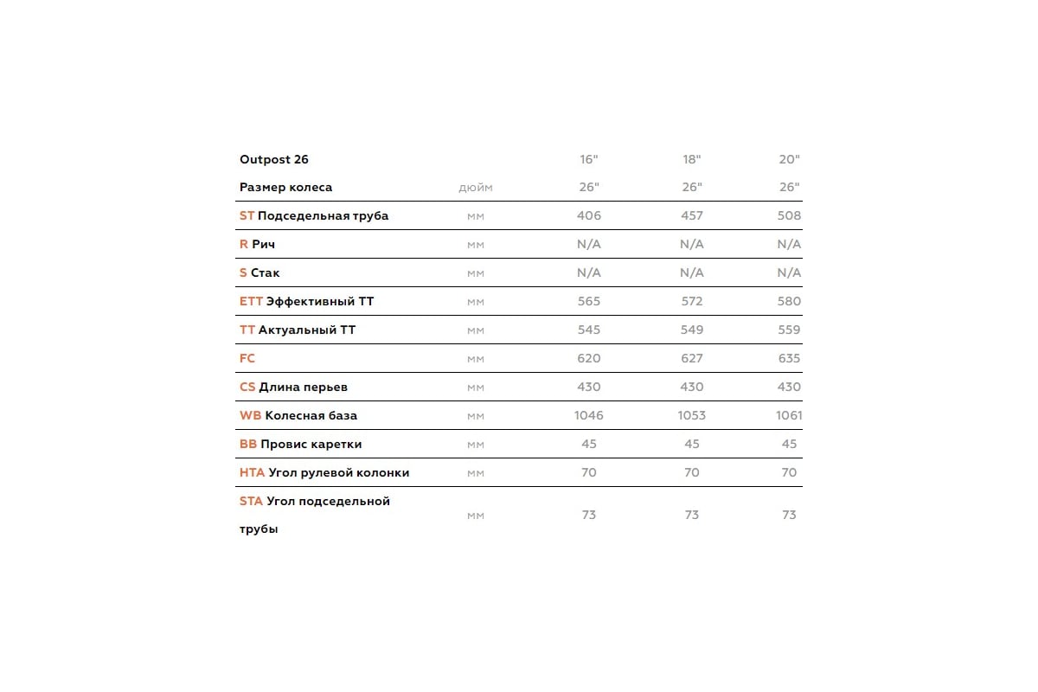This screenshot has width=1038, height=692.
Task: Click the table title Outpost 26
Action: click(x=274, y=159)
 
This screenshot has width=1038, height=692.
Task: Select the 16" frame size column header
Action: click(x=589, y=159)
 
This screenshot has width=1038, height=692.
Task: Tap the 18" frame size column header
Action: click(x=692, y=159)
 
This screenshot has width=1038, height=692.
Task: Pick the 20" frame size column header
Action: click(x=789, y=159)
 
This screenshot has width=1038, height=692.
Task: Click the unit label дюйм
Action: click(x=476, y=188)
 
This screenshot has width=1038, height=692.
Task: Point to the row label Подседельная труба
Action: click(x=324, y=216)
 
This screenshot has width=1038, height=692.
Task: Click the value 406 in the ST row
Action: click(x=589, y=215)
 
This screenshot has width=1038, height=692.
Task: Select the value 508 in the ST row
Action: click(x=789, y=215)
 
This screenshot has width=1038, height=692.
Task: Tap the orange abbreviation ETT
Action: click(x=251, y=301)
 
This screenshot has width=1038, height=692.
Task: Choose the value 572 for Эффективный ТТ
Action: click(x=692, y=301)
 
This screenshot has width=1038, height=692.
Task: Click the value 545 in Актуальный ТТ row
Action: click(x=589, y=330)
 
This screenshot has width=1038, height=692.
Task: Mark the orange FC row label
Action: click(x=247, y=358)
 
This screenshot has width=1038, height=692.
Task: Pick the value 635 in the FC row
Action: click(x=789, y=358)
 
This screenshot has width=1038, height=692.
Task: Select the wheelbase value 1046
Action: click(x=589, y=415)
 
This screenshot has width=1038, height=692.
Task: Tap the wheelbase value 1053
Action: click(x=692, y=415)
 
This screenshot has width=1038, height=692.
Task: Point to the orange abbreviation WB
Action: click(x=250, y=415)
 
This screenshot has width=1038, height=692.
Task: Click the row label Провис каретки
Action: click(x=311, y=444)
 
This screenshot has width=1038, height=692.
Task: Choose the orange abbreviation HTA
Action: click(x=252, y=472)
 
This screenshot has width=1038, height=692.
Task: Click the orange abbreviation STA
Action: click(x=251, y=501)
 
